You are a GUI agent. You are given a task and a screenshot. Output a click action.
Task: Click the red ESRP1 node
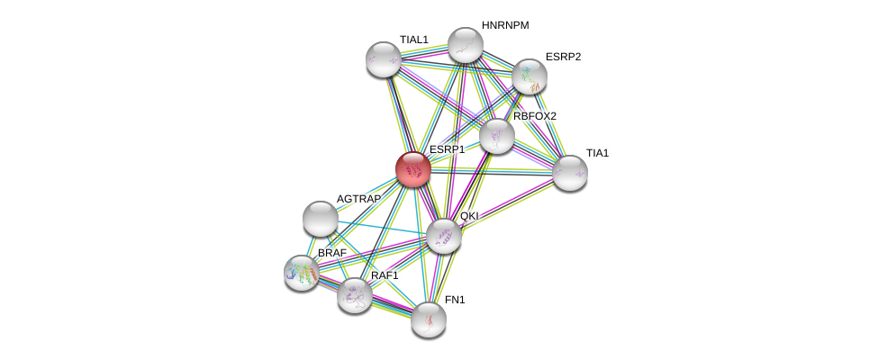pos(413,169)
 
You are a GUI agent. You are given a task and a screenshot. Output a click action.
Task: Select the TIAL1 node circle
pos(384,59)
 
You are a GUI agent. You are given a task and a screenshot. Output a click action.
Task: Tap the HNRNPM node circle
pos(466,45)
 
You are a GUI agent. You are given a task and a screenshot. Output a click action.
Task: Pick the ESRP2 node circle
pos(530,76)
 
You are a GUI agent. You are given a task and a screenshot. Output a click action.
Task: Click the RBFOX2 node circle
pos(496,136)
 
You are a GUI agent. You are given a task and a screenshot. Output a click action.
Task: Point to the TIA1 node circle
pos(570,173)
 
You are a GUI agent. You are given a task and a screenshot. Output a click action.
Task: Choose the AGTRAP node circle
pos(321,218)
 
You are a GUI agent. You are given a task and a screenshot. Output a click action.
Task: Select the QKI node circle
pos(444,236)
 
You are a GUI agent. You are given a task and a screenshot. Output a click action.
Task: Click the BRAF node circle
pos(302,272)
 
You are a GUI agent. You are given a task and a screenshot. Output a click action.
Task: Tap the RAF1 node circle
pos(355,294)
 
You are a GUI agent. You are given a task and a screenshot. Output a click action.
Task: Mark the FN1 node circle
pos(429,319)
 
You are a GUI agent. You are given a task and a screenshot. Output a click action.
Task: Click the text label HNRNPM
pos(505,25)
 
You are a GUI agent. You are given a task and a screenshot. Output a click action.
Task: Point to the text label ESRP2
pos(563,57)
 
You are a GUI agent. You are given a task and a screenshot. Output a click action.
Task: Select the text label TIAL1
pos(414,40)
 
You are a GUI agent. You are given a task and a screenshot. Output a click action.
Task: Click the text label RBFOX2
pos(535,116)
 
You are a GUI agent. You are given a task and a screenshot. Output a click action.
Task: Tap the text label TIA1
pos(597,153)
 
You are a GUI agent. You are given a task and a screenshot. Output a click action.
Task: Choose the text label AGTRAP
pos(358,199)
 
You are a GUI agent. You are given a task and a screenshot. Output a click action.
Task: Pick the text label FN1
pos(455,300)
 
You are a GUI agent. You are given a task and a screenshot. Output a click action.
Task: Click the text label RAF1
pos(385,275)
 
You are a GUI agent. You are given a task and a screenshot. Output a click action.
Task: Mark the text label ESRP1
pos(447,149)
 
